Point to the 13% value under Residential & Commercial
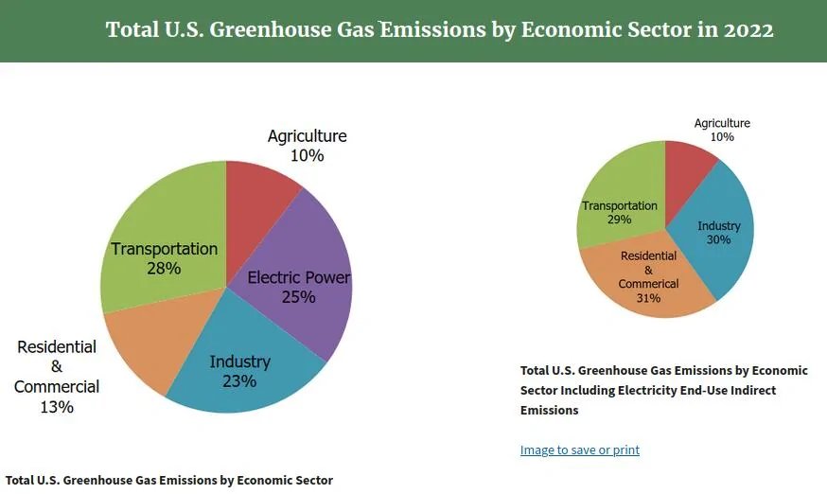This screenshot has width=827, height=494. click(x=57, y=408)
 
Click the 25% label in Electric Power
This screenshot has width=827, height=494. click(x=298, y=297)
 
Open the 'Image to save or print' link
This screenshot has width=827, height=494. click(x=579, y=450)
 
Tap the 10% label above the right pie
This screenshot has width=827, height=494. click(x=722, y=137)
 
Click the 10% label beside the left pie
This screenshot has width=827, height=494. click(x=307, y=156)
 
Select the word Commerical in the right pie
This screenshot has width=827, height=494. click(x=648, y=284)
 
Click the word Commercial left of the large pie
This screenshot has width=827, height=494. click(x=57, y=387)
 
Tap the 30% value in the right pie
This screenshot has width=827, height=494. click(x=719, y=239)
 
